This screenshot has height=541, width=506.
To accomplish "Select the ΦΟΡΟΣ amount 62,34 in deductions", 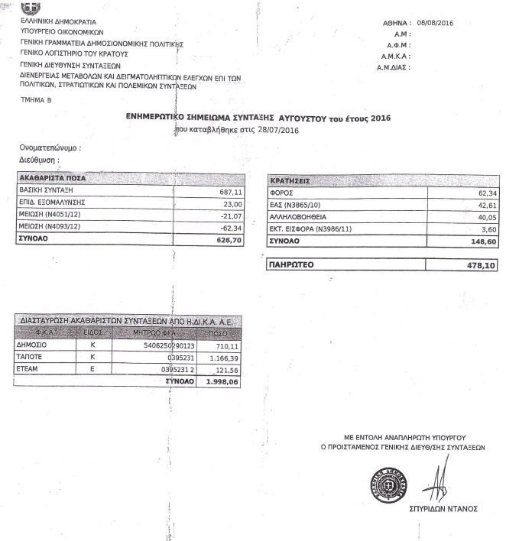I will [x=476, y=193].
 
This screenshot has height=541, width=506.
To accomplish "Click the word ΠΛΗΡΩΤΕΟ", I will [x=293, y=265].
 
